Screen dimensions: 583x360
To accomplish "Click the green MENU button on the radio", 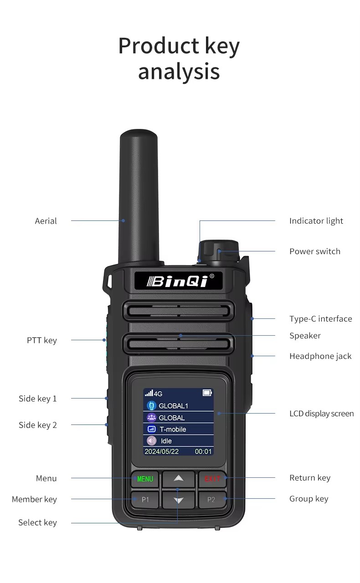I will coord(145,479).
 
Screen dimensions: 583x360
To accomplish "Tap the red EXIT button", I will coord(212,479).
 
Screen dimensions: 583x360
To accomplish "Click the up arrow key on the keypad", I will coord(178,478).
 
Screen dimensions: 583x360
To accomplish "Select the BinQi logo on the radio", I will coord(178,281).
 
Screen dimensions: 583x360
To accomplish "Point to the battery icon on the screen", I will coord(207,393).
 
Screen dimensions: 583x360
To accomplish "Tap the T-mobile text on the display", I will coord(173,429).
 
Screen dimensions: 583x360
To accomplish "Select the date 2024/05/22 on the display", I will coord(161,451).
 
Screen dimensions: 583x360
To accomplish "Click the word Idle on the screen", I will coord(166,441).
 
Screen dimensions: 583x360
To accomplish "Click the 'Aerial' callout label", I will coord(46,221).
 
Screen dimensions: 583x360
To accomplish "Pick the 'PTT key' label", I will coord(42,340).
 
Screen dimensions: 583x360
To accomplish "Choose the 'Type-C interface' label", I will coord(320,319).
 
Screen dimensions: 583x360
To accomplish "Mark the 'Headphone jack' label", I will coord(320,356).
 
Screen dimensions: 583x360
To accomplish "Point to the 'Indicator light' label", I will coord(316,221).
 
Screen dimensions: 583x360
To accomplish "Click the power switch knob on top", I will coord(218,251).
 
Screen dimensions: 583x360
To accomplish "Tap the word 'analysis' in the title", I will coord(179,72).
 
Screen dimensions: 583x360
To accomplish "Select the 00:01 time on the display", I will coord(203,451).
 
